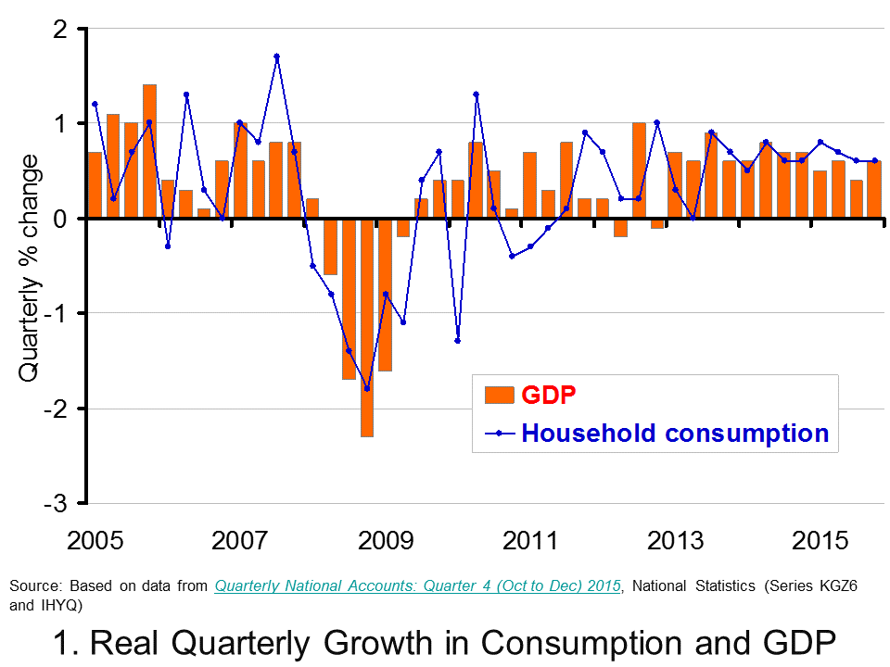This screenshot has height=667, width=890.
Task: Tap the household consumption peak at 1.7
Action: tap(276, 57)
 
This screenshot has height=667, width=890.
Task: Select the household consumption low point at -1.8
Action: tap(367, 389)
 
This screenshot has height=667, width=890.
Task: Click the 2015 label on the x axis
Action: tap(821, 541)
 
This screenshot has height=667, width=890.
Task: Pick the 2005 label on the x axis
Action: tap(95, 541)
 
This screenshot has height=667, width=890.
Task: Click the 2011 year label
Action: tap(530, 541)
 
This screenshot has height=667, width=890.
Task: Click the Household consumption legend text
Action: tap(675, 433)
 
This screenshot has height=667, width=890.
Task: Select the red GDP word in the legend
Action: tap(549, 394)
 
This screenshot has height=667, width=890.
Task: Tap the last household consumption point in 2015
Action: tap(874, 160)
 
